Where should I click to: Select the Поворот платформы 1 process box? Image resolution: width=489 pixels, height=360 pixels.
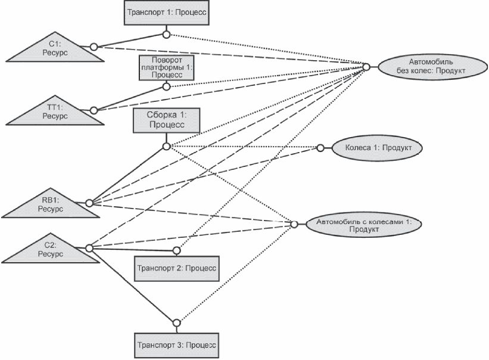click(x=167, y=67)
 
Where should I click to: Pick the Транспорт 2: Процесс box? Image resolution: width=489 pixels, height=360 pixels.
click(x=176, y=268)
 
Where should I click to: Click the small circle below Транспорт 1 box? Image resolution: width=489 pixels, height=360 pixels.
click(x=166, y=34)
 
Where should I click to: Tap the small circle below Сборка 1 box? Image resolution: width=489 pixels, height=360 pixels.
click(x=167, y=145)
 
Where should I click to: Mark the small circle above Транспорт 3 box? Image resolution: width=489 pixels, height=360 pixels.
click(x=176, y=323)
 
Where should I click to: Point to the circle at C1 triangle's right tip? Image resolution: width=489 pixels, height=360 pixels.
click(x=94, y=46)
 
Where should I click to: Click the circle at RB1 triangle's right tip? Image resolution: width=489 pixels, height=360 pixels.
click(x=89, y=203)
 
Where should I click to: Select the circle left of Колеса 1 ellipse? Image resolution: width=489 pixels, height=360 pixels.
click(x=320, y=147)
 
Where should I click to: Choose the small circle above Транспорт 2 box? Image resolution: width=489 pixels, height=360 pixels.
click(x=176, y=250)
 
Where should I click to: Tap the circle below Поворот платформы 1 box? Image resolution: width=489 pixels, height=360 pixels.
click(x=167, y=86)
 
